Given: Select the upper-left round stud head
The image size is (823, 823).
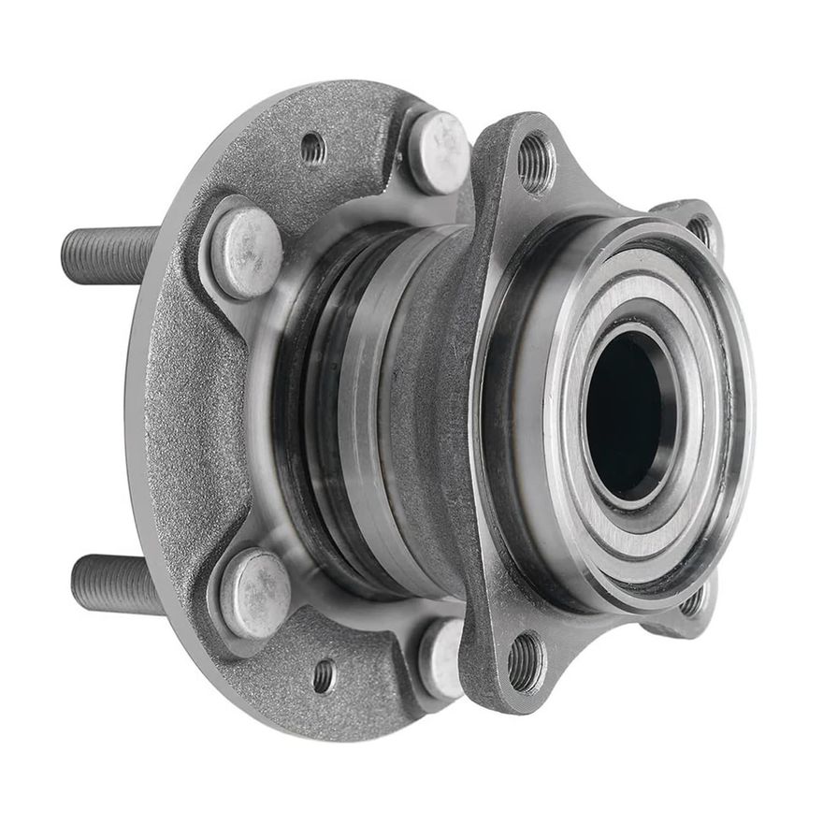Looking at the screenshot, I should pyautogui.click(x=246, y=251).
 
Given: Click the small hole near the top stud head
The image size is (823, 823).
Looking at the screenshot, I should pyautogui.click(x=313, y=148).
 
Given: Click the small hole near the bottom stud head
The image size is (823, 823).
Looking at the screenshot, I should pyautogui.click(x=324, y=675).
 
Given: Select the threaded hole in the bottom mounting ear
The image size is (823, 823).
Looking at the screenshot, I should pyautogui.click(x=527, y=663).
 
